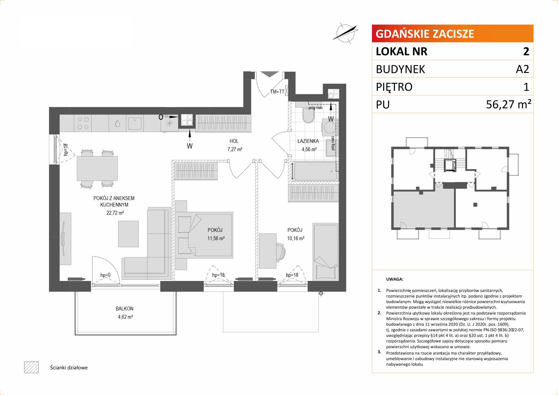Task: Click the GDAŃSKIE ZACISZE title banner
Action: coord(452,33)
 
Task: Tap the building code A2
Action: coord(522,69)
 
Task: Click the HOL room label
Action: coord(234,141)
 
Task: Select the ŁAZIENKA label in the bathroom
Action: coord(308,141)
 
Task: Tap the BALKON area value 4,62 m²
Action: coord(124,317)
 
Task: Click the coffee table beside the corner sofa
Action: coord(128,233)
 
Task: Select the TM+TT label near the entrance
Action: coord(277,92)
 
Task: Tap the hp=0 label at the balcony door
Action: coord(105,275)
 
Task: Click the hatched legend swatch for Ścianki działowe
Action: coord(31,367)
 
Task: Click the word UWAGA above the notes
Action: coord(394,279)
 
